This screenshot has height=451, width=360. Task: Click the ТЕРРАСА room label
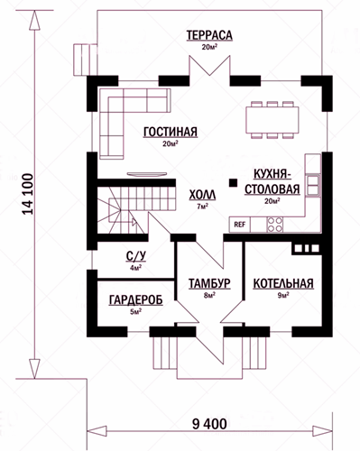click(x=209, y=35)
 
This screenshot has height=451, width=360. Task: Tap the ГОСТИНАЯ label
click(x=171, y=132)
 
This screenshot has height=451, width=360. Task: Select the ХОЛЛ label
click(x=202, y=195)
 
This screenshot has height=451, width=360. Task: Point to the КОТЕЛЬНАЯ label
click(x=283, y=283)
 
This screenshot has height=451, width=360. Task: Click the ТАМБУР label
click(x=209, y=283)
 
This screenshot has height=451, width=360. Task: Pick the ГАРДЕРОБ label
click(x=136, y=299)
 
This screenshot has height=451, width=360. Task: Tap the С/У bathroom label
click(x=136, y=256)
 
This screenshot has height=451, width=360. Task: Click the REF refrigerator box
click(x=240, y=225)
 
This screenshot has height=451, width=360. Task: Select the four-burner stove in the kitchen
click(x=275, y=225)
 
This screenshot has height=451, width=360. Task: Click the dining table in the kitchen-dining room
click(x=272, y=120)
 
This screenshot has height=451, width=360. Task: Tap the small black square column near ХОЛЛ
click(x=233, y=182)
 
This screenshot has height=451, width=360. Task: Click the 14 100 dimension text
click(x=28, y=194)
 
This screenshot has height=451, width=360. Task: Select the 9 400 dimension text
click(x=209, y=424)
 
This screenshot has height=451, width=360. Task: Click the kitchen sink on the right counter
click(x=313, y=185)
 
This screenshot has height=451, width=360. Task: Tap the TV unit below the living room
click(x=147, y=174)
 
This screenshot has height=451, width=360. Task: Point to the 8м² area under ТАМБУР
click(x=209, y=295)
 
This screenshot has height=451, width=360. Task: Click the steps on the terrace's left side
click(x=85, y=60)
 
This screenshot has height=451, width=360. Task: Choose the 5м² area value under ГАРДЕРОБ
click(x=136, y=311)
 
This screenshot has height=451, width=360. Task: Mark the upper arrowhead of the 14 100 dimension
click(x=34, y=20)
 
